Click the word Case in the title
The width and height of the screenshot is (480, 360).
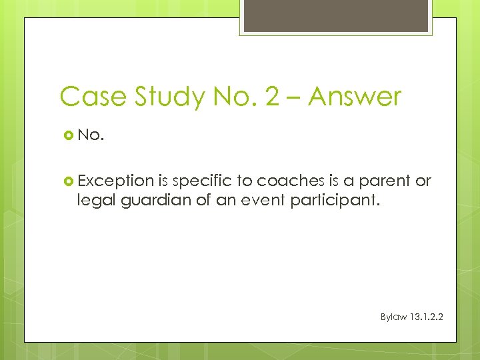[x=89, y=97]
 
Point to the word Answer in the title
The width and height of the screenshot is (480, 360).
[x=355, y=97]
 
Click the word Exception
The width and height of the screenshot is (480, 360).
[x=116, y=181]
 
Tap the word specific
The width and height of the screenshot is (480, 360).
[x=202, y=181]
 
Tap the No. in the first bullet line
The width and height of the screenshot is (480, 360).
[x=91, y=135]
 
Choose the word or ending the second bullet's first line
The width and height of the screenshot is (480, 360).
[x=423, y=181]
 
